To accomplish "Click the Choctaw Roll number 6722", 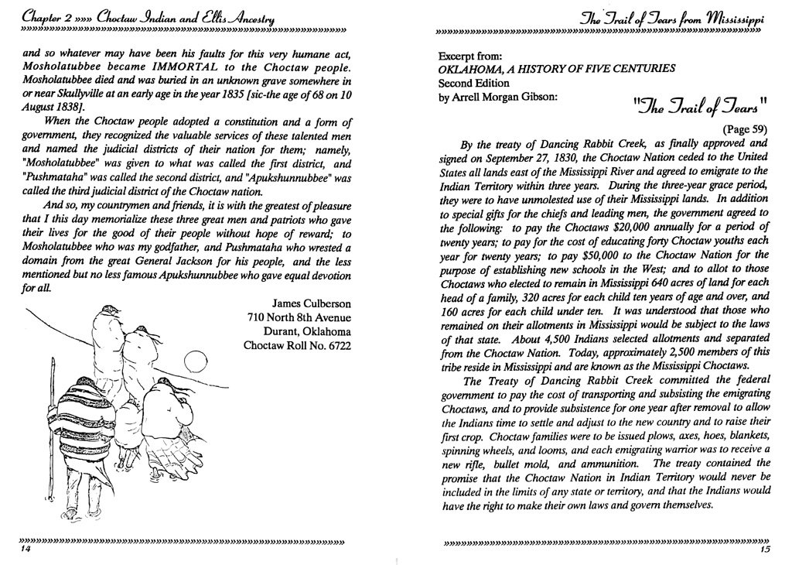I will click(335, 345).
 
